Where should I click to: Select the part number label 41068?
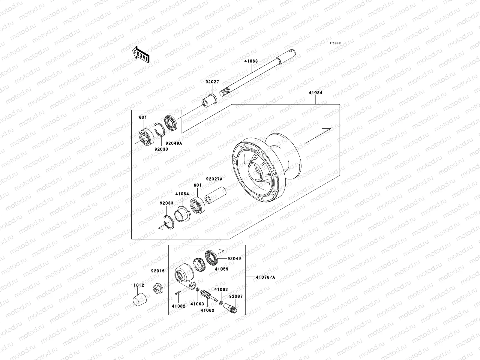251,61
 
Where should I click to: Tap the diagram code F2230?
335,43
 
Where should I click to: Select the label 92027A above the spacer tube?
214,179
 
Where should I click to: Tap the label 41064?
182,194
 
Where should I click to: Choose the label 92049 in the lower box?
234,258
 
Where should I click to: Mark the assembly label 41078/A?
265,277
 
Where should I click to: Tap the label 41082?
178,306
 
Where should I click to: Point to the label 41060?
207,310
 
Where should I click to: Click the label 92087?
236,296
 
